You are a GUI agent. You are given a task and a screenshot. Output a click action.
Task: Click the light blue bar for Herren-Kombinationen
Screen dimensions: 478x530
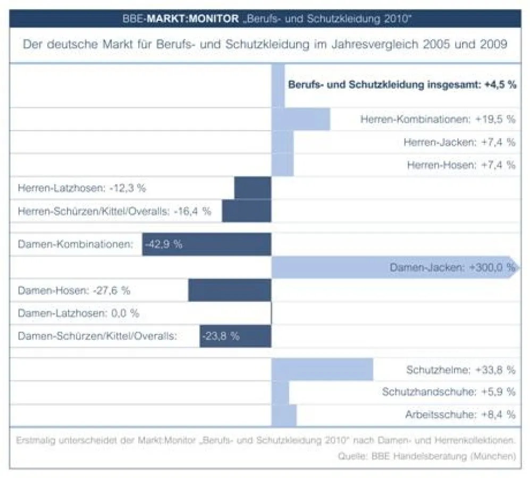tap(301, 119)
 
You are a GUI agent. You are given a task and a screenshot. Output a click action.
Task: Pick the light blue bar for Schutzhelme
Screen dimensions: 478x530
tap(322, 369)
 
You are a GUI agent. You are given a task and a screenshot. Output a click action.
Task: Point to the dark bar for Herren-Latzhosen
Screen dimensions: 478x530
tap(253, 189)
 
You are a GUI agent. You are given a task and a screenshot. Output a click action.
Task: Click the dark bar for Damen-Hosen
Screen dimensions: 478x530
tap(229, 291)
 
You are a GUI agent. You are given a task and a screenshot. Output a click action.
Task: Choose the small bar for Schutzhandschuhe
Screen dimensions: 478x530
tap(280, 392)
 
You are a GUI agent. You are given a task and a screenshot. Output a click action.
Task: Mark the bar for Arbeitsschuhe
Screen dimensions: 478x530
tap(284, 415)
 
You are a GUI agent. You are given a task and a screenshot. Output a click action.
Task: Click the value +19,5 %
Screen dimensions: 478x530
tap(495, 119)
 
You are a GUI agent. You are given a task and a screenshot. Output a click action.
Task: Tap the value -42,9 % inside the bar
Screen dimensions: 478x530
tap(164, 245)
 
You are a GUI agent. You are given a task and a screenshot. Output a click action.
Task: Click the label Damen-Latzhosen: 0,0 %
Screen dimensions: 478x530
tap(78, 313)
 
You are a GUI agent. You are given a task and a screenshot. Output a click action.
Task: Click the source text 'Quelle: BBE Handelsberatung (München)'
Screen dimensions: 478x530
tap(426, 456)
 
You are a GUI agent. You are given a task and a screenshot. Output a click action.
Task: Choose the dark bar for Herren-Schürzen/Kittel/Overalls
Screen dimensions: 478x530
tap(246, 211)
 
